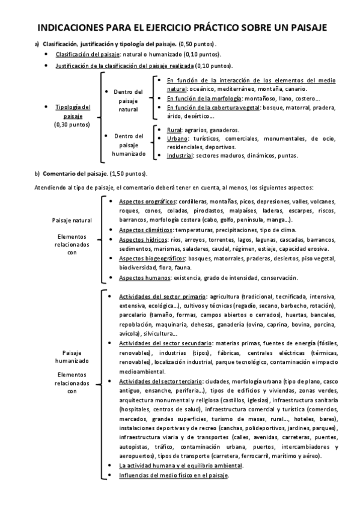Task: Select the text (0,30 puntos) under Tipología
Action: pos(73,124)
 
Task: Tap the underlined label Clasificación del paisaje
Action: pos(84,54)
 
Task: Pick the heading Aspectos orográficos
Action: pos(147,201)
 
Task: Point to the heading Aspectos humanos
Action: pos(144,278)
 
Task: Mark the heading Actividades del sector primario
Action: pos(162,296)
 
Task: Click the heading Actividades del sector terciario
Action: pos(160,381)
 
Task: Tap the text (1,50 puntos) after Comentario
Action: pos(128,174)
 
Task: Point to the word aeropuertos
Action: pos(138,456)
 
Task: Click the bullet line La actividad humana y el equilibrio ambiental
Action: pos(180,465)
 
